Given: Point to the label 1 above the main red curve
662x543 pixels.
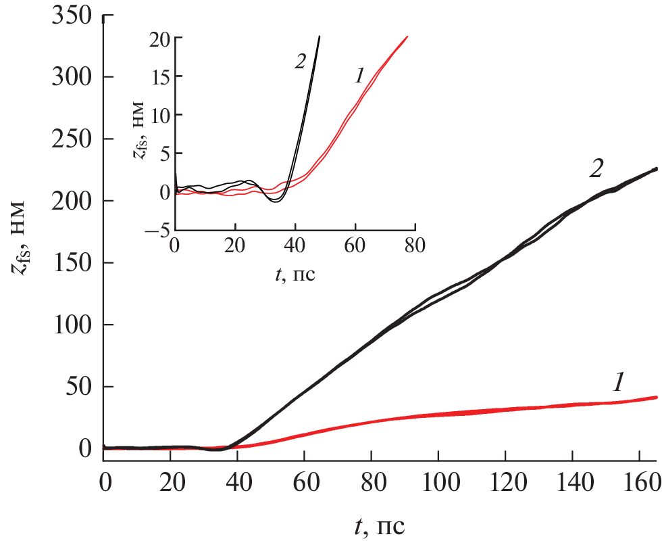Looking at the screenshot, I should click(x=617, y=383).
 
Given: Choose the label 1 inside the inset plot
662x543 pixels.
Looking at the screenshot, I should click(x=358, y=76).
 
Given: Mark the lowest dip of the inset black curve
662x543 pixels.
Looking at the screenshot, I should click(x=276, y=202).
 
